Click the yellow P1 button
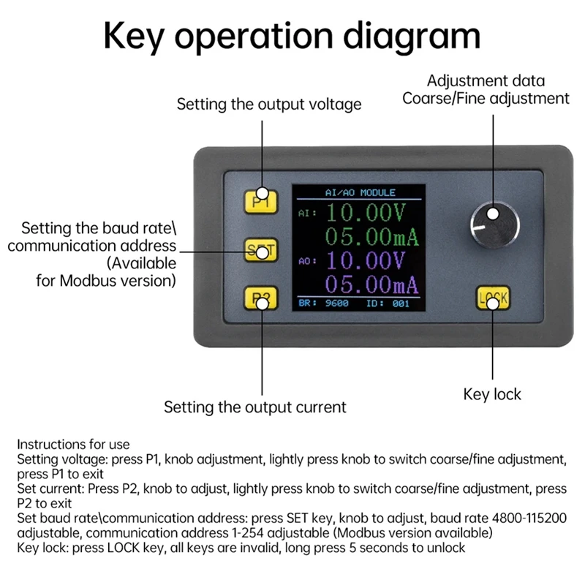261,200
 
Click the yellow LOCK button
492,298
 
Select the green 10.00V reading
365,214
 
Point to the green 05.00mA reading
371,236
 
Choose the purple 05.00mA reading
371,284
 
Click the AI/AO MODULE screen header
359,192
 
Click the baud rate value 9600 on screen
336,303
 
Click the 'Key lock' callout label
492,394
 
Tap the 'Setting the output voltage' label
269,104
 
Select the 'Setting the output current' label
254,407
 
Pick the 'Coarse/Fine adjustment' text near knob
486,98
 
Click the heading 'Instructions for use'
73,444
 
